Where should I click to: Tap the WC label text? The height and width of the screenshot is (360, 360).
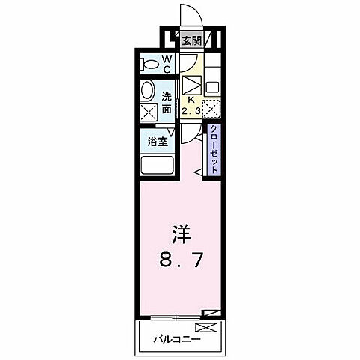click(x=166, y=64)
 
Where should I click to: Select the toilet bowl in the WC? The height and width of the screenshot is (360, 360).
click(x=148, y=64)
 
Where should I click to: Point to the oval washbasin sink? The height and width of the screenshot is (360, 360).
click(x=148, y=91)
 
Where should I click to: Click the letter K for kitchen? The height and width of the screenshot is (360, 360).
click(x=192, y=98)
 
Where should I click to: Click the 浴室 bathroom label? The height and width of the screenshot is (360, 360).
click(x=157, y=140)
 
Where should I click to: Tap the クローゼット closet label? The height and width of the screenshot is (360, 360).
click(x=214, y=150)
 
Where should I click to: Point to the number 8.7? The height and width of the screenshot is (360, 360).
click(x=179, y=262)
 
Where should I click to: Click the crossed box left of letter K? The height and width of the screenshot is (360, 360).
click(x=191, y=83)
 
